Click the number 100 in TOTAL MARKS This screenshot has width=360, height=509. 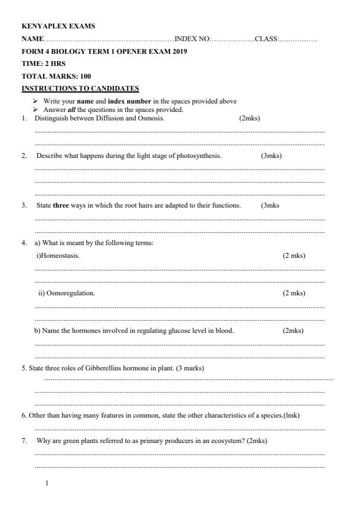(85, 77)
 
